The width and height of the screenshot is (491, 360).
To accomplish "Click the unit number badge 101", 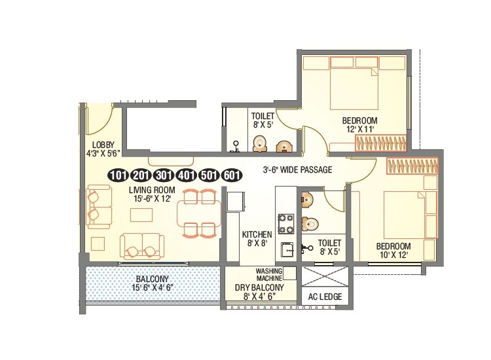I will pos(118,175).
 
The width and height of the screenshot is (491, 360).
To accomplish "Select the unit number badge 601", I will pos(230,175).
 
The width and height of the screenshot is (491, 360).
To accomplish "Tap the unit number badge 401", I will pos(185,175).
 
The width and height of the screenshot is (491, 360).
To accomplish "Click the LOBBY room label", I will pos(103,145).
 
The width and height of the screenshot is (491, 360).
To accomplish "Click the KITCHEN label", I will pos(257,234).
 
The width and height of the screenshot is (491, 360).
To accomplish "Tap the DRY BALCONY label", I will pos(259,287).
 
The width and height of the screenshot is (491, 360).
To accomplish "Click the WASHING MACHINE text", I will pos(268,274).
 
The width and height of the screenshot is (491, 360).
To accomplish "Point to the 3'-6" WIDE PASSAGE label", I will pos(297,170).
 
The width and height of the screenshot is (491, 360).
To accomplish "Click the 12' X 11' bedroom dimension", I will pos(360,130).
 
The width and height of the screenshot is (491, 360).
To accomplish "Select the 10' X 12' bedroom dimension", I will pos(393,255).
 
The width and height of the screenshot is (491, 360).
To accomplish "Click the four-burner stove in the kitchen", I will pos(286,223).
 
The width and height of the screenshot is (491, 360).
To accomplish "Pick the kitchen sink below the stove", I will pos(286,249).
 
